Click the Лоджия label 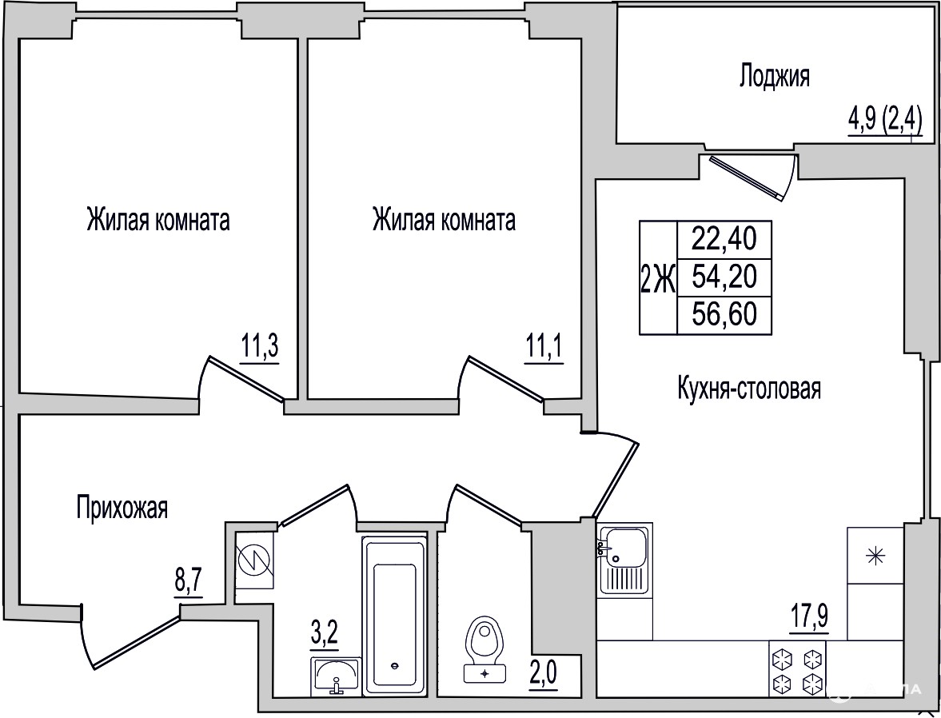(x=775, y=77)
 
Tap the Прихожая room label (x=122, y=508)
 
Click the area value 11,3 (x=261, y=347)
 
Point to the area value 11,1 (x=544, y=347)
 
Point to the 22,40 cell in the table (x=724, y=240)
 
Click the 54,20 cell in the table (x=724, y=277)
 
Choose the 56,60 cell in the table (x=724, y=315)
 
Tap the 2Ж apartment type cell (x=658, y=278)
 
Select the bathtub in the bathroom (x=394, y=616)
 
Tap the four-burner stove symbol (x=798, y=668)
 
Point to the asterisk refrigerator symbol (x=875, y=556)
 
